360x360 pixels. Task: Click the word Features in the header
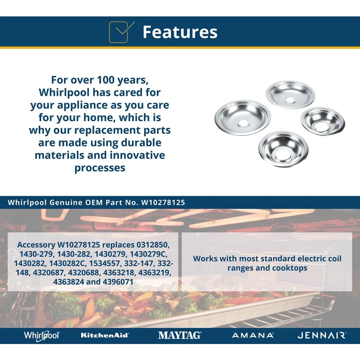coord(180,32)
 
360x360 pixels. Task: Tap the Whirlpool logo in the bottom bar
coord(42,336)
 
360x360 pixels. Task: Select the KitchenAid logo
coord(105,335)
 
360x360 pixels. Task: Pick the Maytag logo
coord(180,335)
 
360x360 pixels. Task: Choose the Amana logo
coord(252,336)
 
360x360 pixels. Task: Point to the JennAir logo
coord(322,336)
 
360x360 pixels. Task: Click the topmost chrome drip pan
coord(290,94)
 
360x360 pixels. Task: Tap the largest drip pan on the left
coord(243,118)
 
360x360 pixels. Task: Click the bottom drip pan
coord(283,149)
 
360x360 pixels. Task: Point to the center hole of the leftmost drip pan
coord(243,124)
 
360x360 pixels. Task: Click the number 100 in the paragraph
coord(106,80)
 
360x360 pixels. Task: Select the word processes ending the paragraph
coord(100,168)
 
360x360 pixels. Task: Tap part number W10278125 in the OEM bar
coord(163,202)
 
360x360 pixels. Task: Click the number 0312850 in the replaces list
coord(153,245)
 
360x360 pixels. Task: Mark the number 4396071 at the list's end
coord(118,282)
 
